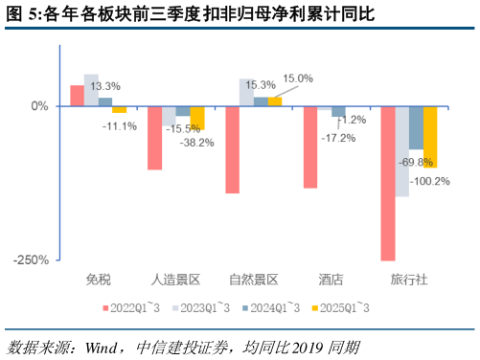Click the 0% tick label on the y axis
(38, 106)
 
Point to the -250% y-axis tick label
(32, 259)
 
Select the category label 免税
(99, 280)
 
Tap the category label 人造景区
(176, 280)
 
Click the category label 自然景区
(254, 280)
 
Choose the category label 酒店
(331, 280)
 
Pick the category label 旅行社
(409, 280)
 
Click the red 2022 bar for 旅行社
(388, 183)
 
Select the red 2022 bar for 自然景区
(233, 149)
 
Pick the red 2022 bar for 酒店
(310, 146)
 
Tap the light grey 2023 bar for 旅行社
(402, 151)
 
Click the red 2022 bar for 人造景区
(155, 138)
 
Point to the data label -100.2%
(429, 181)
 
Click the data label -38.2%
(198, 143)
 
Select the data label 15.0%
(298, 79)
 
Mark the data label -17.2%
(337, 138)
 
